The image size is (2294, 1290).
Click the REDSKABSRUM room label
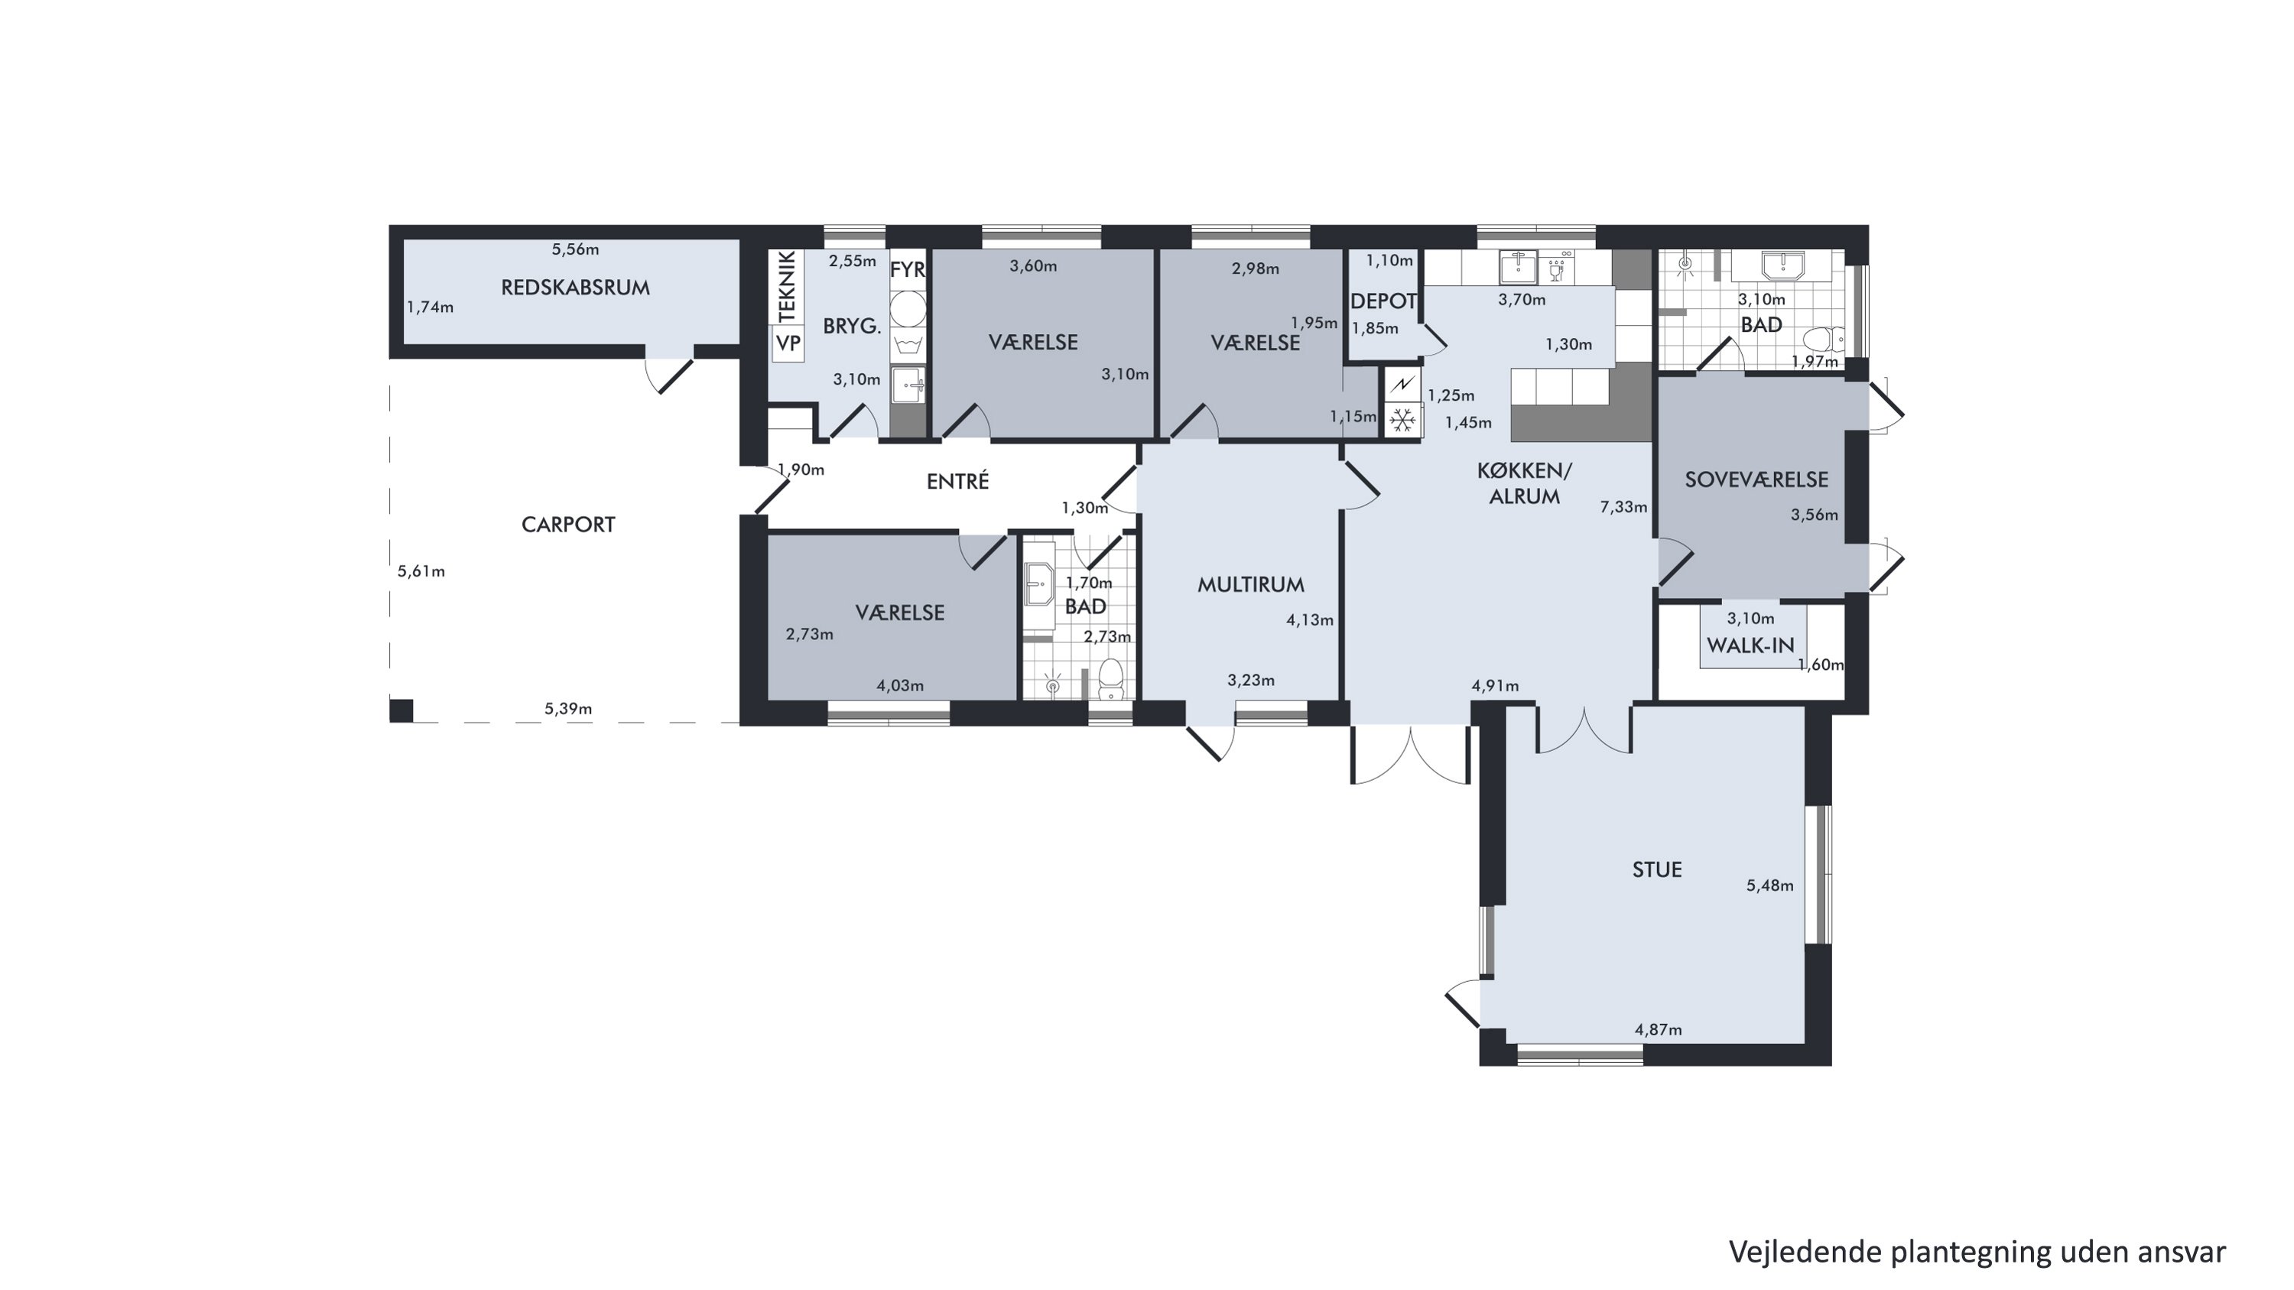575,288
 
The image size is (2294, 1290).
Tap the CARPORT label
568,525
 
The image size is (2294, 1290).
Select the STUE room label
1656,869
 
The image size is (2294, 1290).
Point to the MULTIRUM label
1250,585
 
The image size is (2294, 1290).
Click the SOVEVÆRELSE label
1756,480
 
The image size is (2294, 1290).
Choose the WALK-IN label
1750,645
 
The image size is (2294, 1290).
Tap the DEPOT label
1383,302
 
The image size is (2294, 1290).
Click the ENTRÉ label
957,481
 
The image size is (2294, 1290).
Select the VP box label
788,343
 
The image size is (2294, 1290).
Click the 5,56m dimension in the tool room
575,249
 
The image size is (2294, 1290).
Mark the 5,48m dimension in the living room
1769,885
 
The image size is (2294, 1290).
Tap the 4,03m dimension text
899,685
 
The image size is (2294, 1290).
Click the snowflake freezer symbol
1402,421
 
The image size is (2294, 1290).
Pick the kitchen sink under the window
1517,265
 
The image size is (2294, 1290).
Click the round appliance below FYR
908,308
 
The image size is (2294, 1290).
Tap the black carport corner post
401,710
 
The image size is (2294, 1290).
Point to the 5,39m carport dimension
568,710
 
